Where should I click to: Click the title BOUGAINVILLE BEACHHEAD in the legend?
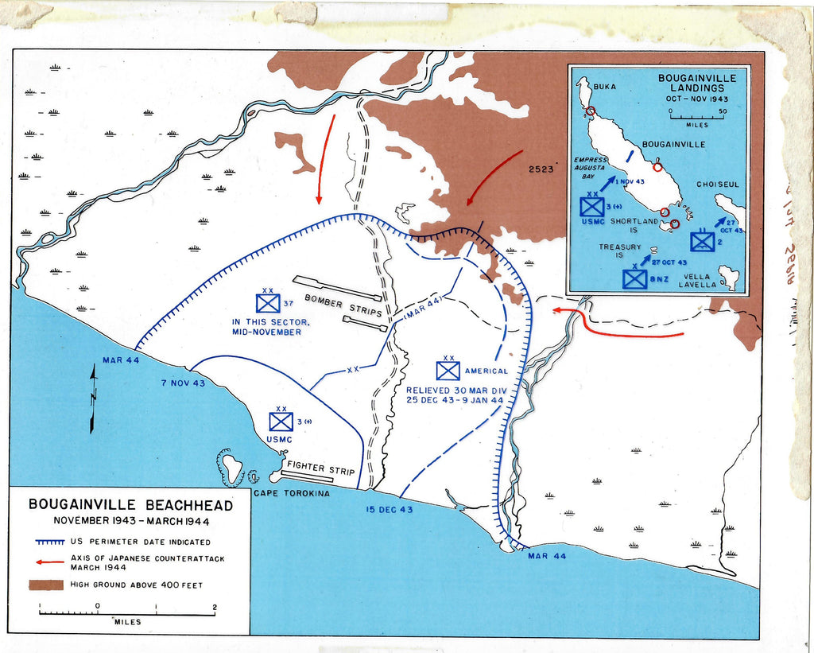click(x=131, y=504)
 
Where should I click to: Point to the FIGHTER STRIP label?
click(x=320, y=468)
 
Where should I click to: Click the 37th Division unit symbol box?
click(x=268, y=302)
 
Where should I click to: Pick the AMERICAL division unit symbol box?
click(x=448, y=371)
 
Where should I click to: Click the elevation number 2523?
click(x=541, y=169)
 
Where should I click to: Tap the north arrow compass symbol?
click(x=93, y=398)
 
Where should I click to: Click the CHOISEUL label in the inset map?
click(x=718, y=184)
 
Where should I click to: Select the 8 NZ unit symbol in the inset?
click(x=634, y=278)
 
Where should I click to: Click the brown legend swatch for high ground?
click(x=45, y=585)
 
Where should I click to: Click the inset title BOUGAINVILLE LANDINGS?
click(x=696, y=84)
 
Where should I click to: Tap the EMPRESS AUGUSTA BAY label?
click(x=591, y=168)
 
